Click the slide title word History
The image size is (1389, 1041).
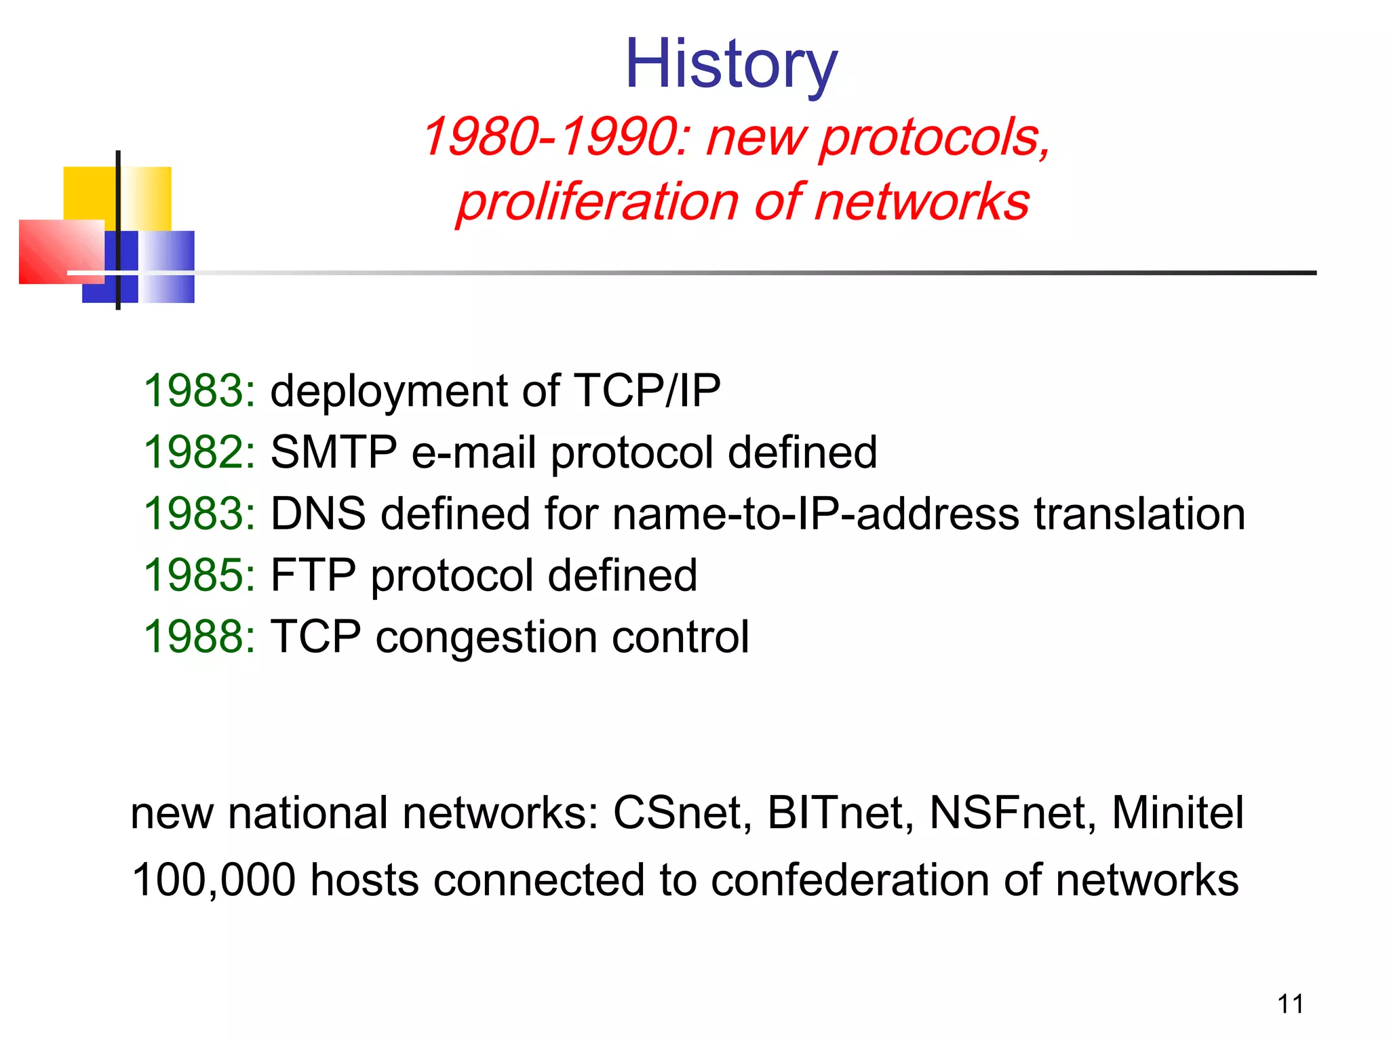[x=730, y=64]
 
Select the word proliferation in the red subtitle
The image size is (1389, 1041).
[x=597, y=202]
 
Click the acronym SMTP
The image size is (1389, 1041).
[x=333, y=452]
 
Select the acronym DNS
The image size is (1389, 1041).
[x=317, y=514]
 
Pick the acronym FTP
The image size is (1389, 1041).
[x=313, y=575]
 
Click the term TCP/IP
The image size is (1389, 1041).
[x=646, y=391]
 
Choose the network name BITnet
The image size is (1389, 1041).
[x=840, y=813]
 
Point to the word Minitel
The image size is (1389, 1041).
[x=1177, y=813]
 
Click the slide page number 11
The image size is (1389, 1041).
[x=1290, y=1004]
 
